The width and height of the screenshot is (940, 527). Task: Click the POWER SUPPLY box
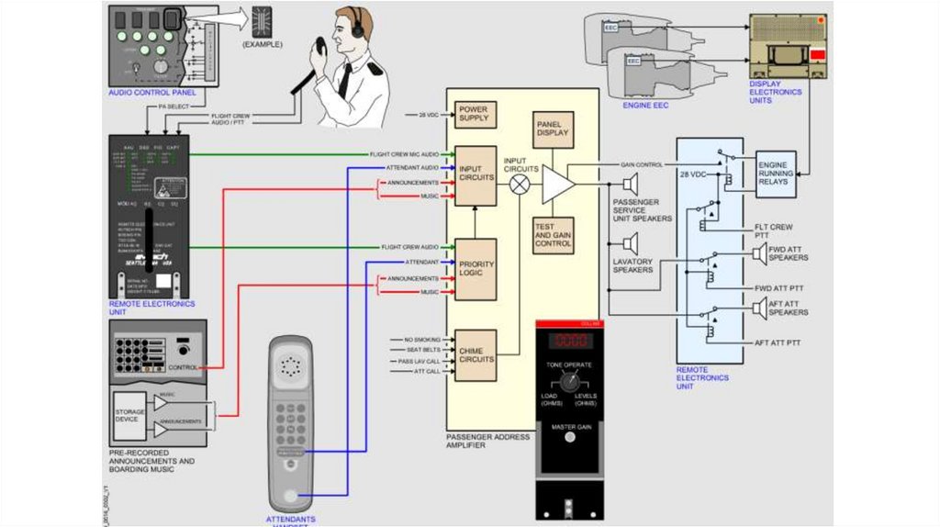tap(476, 115)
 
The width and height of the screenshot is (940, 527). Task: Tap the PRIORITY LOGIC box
tap(476, 269)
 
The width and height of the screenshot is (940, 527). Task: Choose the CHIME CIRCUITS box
tap(476, 355)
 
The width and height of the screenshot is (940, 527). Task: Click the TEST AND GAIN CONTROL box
tap(553, 237)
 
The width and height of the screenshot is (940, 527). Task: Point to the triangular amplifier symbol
tap(557, 184)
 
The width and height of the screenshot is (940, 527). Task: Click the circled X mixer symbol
tap(520, 184)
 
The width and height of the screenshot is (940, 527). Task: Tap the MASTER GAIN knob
tap(570, 437)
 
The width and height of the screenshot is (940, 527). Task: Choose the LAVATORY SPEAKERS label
tap(632, 265)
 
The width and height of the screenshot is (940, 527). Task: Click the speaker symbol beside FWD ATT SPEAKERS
tap(758, 257)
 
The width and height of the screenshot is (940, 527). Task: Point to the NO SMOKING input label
tap(422, 340)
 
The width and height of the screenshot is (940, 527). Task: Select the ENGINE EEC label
tap(645, 106)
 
